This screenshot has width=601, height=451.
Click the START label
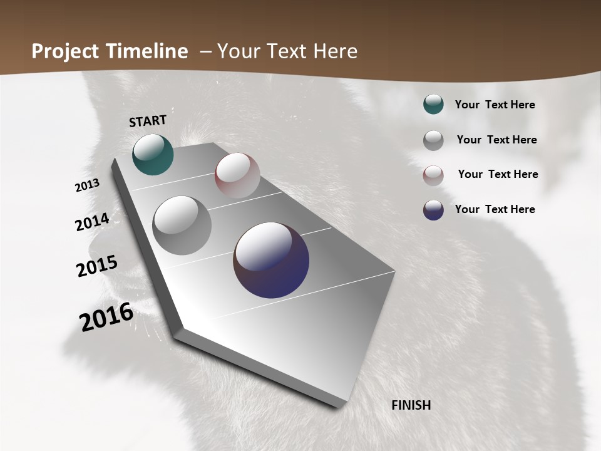pos(148,121)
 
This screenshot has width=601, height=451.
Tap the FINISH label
pos(411,405)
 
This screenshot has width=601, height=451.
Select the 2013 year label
pos(88,185)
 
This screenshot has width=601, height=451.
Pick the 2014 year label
pos(92,222)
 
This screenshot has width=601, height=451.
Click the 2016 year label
pos(106,316)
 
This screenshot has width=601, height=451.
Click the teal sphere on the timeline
pos(153,154)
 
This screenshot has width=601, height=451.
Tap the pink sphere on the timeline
pos(237,175)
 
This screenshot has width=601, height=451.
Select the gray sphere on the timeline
pos(182,225)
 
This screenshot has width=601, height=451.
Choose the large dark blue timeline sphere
pos(271,259)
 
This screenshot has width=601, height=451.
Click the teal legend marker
pos(433,105)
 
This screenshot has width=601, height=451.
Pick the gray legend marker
pos(433,140)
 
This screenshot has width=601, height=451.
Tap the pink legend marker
pos(433,175)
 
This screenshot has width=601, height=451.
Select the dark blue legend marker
pos(433,210)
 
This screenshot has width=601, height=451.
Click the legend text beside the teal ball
pos(495,105)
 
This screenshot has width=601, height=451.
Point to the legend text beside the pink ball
pos(498,174)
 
